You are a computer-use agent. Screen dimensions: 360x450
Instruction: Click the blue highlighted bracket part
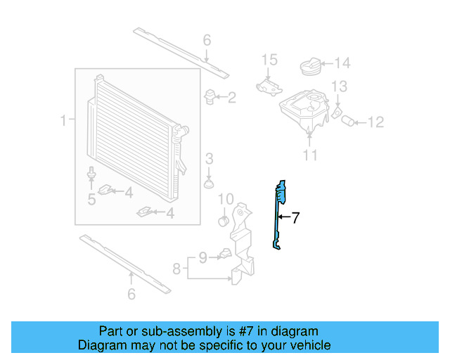pos(279,211)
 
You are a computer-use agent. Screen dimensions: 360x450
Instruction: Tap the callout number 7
pos(296,218)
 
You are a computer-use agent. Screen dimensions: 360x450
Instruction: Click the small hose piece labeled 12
pos(349,122)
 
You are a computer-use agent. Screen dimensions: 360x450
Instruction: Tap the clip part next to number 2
pos(210,96)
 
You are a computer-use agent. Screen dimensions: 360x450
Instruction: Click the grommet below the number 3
pos(209,184)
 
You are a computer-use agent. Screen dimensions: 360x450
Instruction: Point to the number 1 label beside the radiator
pos(65,121)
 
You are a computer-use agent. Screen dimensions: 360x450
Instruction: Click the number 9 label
pos(202,258)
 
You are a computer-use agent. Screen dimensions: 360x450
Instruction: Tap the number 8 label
pos(177,268)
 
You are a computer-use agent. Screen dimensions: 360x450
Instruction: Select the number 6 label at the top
pos(207,41)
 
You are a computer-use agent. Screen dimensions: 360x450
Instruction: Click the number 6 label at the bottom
pos(131,295)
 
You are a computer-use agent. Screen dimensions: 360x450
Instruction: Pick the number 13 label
pos(339,86)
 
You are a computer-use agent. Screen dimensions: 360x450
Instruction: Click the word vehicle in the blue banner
pos(308,345)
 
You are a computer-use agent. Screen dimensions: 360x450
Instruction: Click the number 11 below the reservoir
pos(309,155)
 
